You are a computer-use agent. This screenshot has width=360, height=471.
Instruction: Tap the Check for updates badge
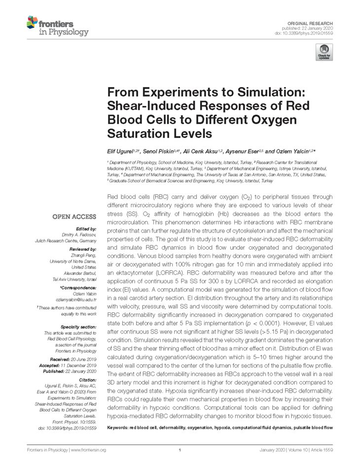[324, 52]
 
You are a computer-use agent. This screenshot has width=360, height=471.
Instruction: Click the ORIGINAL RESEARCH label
[314, 24]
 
